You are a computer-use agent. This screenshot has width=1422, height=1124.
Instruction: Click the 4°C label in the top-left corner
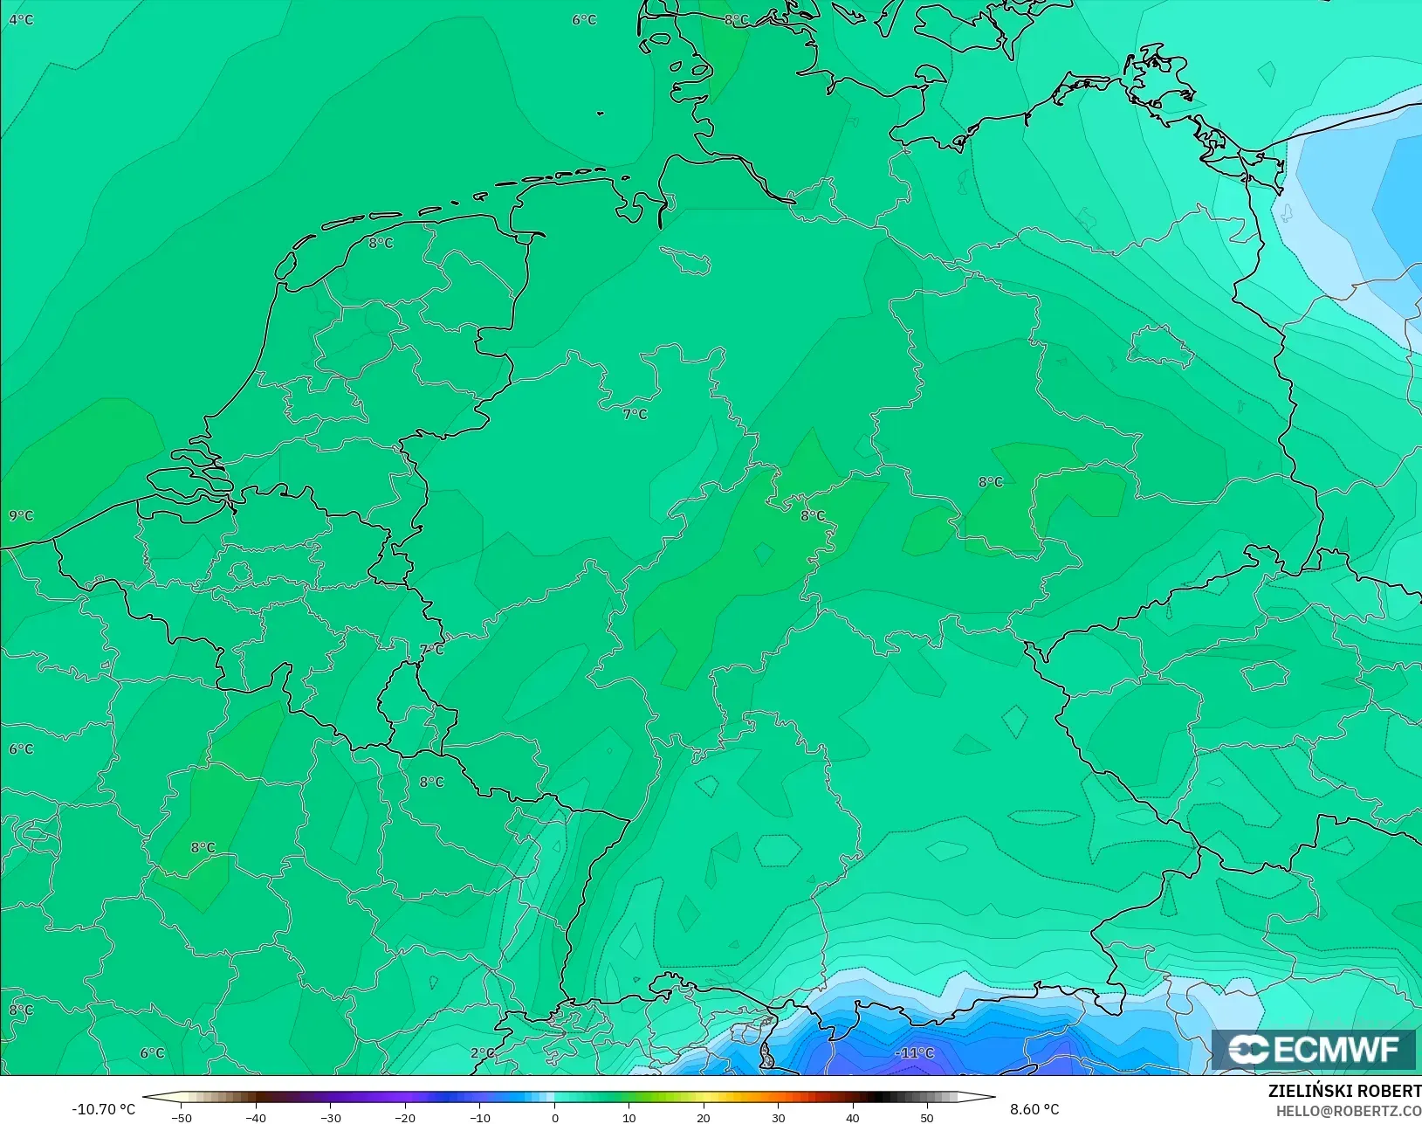(21, 19)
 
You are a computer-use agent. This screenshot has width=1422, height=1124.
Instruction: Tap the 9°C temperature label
(21, 515)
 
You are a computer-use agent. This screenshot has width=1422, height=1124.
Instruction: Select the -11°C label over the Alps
(914, 1052)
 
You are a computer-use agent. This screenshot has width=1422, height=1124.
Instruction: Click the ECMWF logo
(1313, 1049)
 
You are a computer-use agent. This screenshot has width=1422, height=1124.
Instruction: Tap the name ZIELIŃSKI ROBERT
(1344, 1091)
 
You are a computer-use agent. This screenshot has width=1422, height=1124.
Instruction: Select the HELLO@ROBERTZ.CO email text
(1349, 1111)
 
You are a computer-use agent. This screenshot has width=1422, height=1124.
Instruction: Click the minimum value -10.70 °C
(103, 1109)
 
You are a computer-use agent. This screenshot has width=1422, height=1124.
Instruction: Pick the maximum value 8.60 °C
(1034, 1109)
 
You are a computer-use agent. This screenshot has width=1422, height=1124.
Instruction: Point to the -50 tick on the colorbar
(182, 1118)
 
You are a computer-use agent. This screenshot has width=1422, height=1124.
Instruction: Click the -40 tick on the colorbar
(256, 1118)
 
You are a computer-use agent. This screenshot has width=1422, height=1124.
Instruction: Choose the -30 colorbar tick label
(330, 1118)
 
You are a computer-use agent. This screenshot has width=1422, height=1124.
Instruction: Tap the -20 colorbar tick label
(405, 1118)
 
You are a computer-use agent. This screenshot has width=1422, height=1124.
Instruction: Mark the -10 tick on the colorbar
(479, 1118)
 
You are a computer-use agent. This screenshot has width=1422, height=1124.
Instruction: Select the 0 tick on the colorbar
(554, 1118)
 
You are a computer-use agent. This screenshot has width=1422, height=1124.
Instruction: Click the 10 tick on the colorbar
(629, 1118)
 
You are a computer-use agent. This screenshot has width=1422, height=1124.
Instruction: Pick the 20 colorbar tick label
(704, 1118)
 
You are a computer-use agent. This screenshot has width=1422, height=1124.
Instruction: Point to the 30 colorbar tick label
(778, 1118)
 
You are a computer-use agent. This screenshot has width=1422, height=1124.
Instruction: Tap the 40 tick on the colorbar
(853, 1118)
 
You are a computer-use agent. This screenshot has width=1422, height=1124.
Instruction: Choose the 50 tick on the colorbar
(927, 1118)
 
